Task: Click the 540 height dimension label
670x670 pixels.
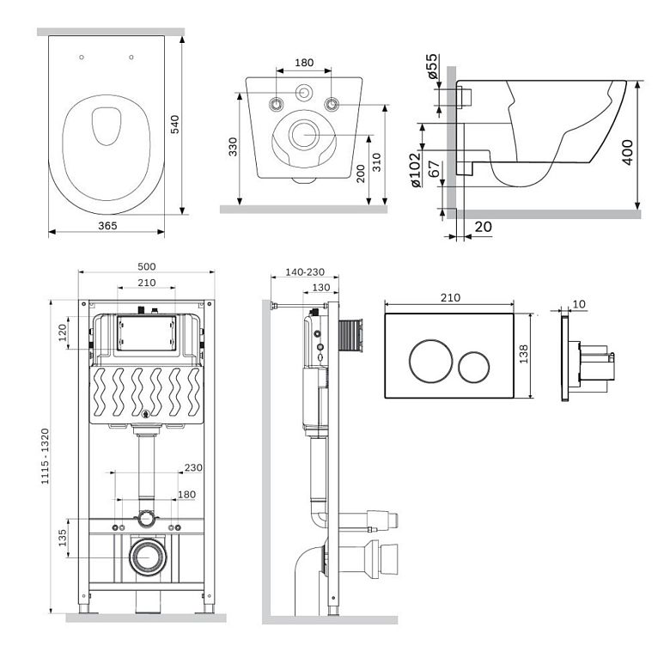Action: click(x=174, y=125)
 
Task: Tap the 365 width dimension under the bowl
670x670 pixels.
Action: click(x=107, y=226)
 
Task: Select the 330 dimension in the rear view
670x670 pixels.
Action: click(x=233, y=147)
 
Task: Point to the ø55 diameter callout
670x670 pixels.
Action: click(x=432, y=66)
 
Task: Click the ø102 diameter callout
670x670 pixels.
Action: click(x=416, y=170)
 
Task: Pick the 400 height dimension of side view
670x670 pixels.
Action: click(x=627, y=152)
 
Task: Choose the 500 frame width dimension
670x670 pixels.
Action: click(x=147, y=266)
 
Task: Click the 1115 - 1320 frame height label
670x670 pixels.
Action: click(x=45, y=456)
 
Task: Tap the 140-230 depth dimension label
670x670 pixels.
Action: click(x=305, y=271)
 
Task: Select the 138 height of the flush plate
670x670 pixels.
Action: click(x=524, y=354)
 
